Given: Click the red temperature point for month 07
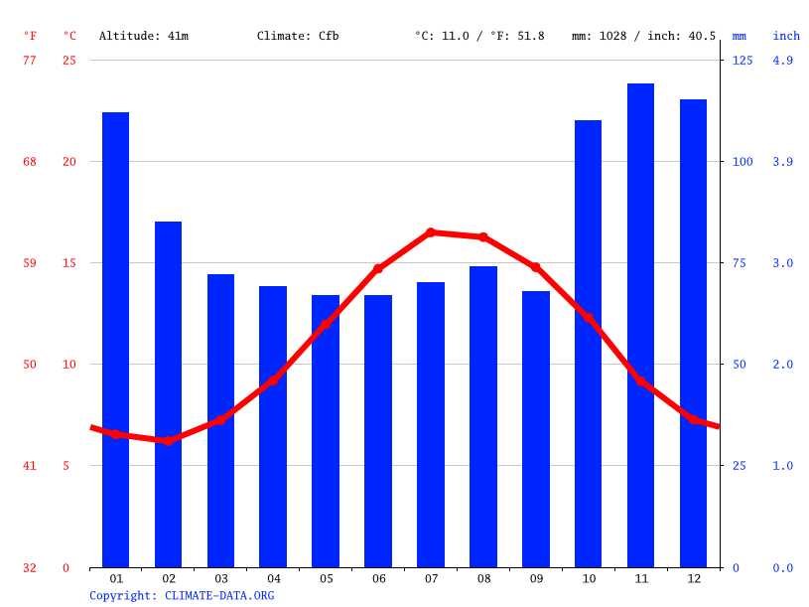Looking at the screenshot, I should point(431,232).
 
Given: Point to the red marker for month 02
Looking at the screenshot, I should point(168,440).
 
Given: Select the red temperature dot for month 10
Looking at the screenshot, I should point(588,319).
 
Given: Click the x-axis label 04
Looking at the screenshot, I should point(273,578).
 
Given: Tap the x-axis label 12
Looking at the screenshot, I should point(693,578).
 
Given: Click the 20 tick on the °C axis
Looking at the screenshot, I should point(67,162).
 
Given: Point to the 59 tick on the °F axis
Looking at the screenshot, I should point(30,263).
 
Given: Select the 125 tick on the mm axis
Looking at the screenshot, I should point(742,61).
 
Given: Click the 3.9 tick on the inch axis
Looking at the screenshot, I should point(782,162).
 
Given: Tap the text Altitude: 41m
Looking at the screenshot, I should point(144,36).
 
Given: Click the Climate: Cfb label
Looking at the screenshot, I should point(298,36).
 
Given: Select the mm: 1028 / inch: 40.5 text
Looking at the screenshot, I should point(643,36).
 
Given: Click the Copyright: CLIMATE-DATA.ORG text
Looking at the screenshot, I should point(182,595).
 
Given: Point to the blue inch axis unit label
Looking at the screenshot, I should point(786,36).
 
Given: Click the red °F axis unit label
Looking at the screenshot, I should point(30,36).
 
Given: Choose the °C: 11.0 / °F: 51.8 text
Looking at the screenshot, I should point(479,36).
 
